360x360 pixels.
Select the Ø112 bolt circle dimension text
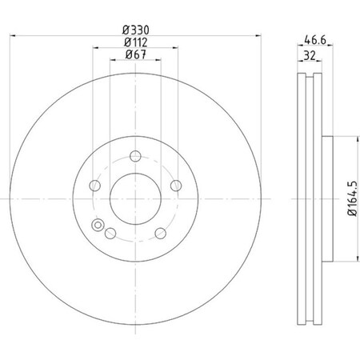tap(135, 42)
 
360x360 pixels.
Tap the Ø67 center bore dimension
tap(135, 54)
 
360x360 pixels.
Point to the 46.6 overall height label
tap(314, 38)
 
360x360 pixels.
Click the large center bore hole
tap(134, 197)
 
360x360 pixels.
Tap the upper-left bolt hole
tap(94, 186)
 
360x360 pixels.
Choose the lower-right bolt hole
tap(159, 232)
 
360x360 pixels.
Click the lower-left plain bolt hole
tap(110, 232)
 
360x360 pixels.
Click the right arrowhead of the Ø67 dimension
tap(159, 61)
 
